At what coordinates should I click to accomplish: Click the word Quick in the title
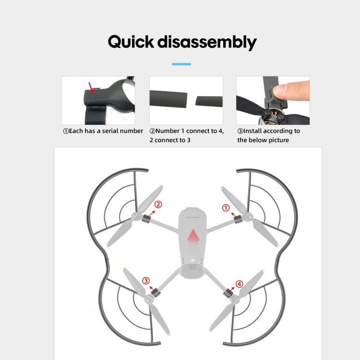[x=131, y=42]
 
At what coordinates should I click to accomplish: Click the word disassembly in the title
[x=207, y=42]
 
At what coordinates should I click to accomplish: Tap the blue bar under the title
[x=181, y=64]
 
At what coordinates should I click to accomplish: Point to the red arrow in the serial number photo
[x=91, y=88]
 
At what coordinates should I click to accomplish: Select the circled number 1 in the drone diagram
[x=226, y=208]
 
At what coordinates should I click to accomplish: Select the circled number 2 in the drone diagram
[x=158, y=204]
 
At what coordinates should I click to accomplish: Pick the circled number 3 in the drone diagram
[x=146, y=281]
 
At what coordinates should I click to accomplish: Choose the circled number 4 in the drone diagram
[x=239, y=284]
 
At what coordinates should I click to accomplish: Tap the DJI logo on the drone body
[x=192, y=260]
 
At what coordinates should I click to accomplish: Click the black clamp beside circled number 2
[x=145, y=218]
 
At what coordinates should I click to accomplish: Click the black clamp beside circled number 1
[x=238, y=219]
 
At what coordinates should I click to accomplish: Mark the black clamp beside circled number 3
[x=156, y=292]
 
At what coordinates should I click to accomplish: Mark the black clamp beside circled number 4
[x=228, y=293]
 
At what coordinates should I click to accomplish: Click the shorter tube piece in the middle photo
[x=209, y=101]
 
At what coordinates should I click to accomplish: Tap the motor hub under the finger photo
[x=273, y=117]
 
